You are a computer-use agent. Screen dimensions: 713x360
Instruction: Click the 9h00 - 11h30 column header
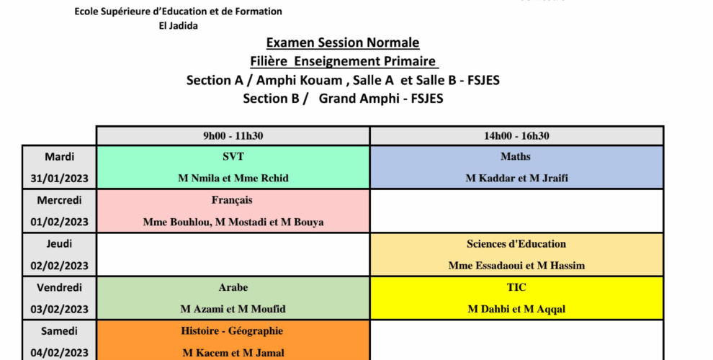tap(233, 136)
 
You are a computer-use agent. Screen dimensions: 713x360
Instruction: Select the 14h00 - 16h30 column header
tap(516, 136)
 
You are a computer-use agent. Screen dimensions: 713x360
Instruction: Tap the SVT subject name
tap(233, 156)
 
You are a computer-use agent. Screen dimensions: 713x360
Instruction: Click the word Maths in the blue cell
tap(516, 156)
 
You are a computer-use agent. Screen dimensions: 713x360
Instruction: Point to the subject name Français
tap(232, 200)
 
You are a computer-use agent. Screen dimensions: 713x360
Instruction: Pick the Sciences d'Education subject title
tap(516, 243)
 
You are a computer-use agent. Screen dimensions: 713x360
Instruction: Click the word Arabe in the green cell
tap(233, 287)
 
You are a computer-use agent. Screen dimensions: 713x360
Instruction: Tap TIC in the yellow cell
tap(516, 287)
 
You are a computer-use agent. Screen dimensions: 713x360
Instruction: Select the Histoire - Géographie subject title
tap(232, 331)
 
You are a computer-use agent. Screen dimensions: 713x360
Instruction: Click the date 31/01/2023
tap(59, 178)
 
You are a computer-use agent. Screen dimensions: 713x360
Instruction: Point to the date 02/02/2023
tap(59, 266)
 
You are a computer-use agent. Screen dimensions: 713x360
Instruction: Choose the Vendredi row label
tap(60, 287)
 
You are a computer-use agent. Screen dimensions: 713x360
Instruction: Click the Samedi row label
tap(59, 331)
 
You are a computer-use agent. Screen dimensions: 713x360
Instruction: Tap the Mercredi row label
tap(60, 200)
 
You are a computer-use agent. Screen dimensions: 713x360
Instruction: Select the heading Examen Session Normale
tap(343, 42)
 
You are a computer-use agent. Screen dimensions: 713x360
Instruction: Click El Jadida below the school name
tap(179, 26)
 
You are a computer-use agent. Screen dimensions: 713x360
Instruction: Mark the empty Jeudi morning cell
tap(233, 255)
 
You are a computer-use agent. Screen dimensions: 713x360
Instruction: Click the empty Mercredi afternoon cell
tap(516, 211)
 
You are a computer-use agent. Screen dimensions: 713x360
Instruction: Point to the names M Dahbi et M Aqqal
tap(516, 309)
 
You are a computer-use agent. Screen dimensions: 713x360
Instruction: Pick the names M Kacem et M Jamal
tap(233, 353)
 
